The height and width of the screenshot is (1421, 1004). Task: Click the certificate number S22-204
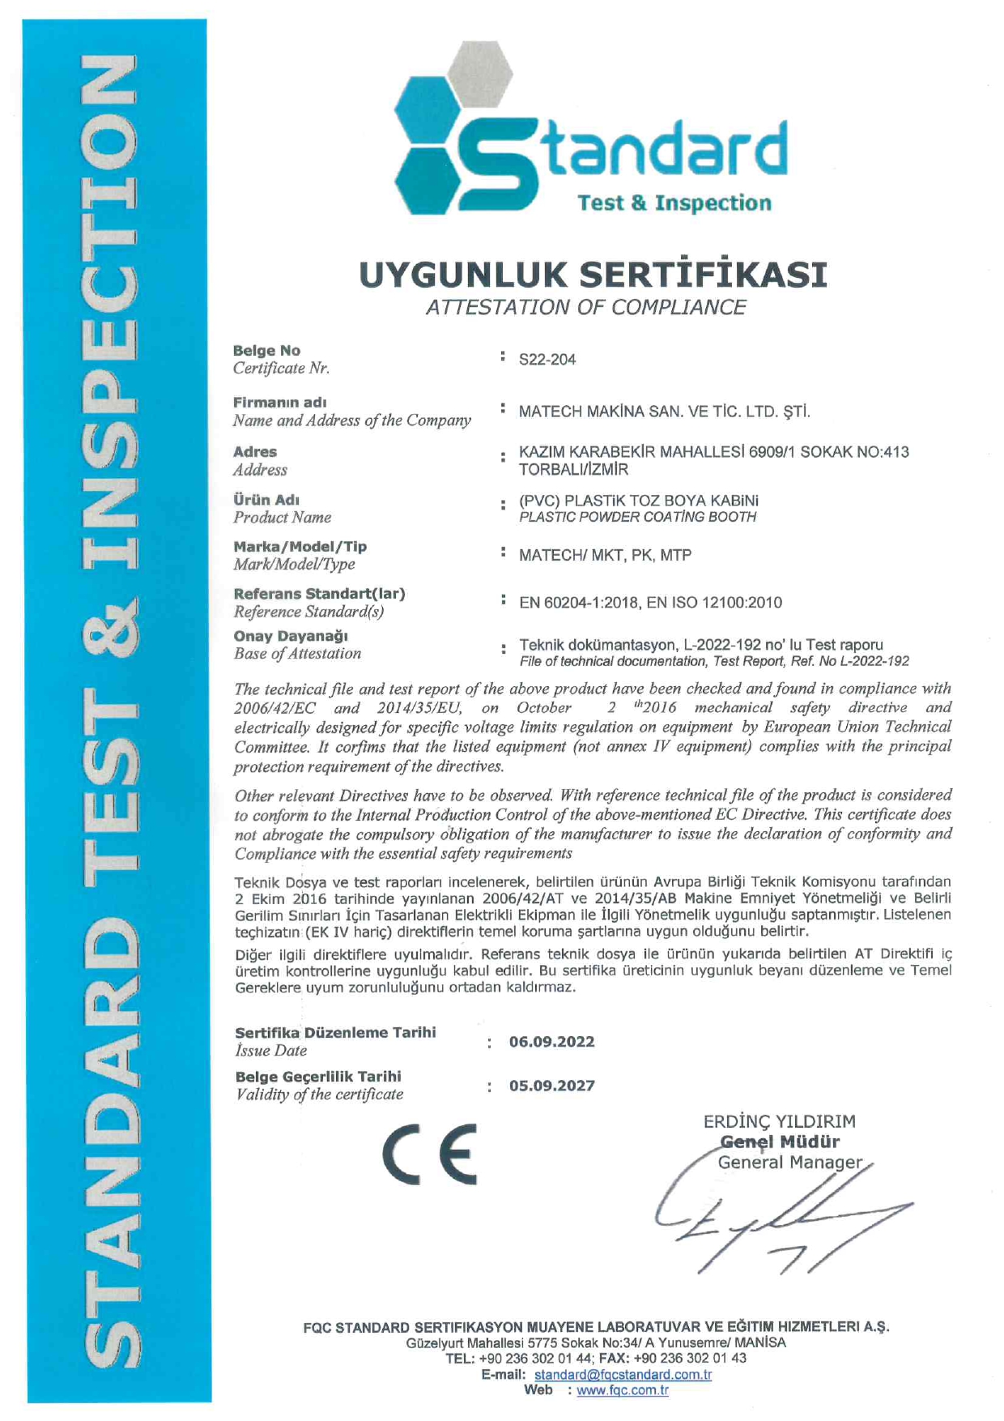tap(547, 360)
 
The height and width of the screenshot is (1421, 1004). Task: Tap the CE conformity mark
tap(430, 1154)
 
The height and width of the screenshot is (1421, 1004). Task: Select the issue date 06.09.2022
tap(551, 1042)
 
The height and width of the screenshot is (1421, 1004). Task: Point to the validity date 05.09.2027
tap(551, 1086)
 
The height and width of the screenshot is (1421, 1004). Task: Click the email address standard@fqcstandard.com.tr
tap(623, 1375)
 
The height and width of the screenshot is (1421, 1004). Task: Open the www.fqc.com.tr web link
tap(622, 1390)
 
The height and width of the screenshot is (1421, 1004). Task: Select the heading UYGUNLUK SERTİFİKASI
tap(593, 275)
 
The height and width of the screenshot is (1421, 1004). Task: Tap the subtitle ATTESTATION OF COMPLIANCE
tap(585, 307)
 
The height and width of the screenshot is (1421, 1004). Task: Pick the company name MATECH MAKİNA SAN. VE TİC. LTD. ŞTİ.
tap(664, 412)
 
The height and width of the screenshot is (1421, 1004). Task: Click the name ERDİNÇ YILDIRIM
tap(779, 1121)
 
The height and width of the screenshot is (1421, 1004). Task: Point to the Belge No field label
tap(266, 351)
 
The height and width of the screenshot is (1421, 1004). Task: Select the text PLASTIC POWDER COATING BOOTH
tap(637, 517)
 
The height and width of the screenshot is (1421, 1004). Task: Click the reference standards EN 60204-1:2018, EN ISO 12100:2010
tap(650, 602)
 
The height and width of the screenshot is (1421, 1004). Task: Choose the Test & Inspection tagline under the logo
tap(674, 203)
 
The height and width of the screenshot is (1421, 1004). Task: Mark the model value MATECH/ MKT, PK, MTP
tap(605, 556)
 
